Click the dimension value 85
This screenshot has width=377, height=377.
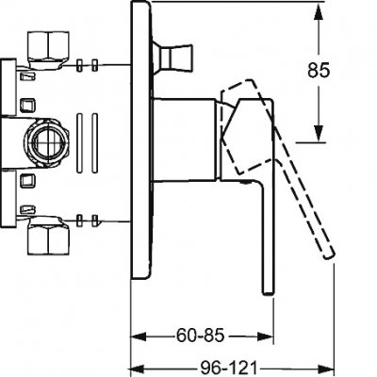coord(319,70)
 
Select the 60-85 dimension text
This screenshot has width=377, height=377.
coord(201,336)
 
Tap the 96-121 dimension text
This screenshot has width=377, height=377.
coord(228,368)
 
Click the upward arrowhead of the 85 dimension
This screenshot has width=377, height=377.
coord(319,14)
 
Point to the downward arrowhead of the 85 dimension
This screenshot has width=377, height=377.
coord(319,133)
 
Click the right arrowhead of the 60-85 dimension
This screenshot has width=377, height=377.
coord(265,336)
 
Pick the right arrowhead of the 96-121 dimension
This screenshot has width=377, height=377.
coord(324,368)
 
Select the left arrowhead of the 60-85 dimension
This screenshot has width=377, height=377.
coord(139,336)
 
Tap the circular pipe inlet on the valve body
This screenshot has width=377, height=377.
coord(46,142)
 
